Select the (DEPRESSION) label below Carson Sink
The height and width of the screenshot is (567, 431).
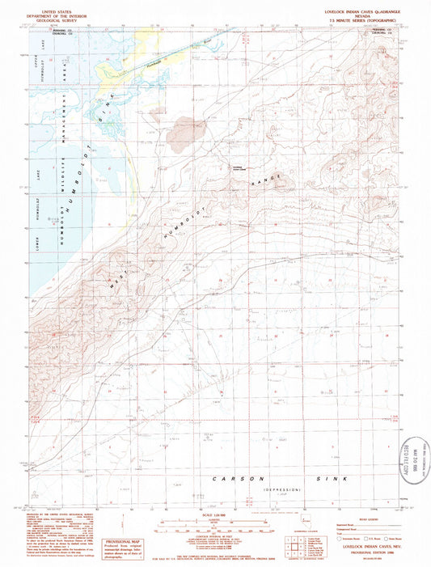(x=282, y=490)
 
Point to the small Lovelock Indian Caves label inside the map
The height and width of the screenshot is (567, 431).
(x=231, y=167)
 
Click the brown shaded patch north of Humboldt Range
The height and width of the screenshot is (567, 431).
(x=188, y=125)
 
